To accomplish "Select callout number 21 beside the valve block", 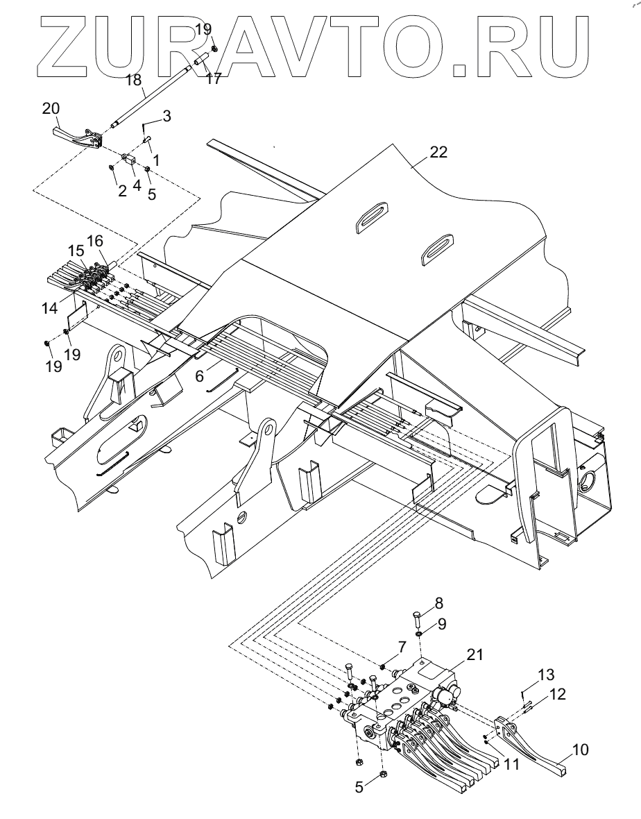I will pos(475,655).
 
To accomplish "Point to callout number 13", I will pos(547,674).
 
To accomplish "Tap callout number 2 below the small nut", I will pos(122,191).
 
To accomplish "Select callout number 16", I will pos(94,240).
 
